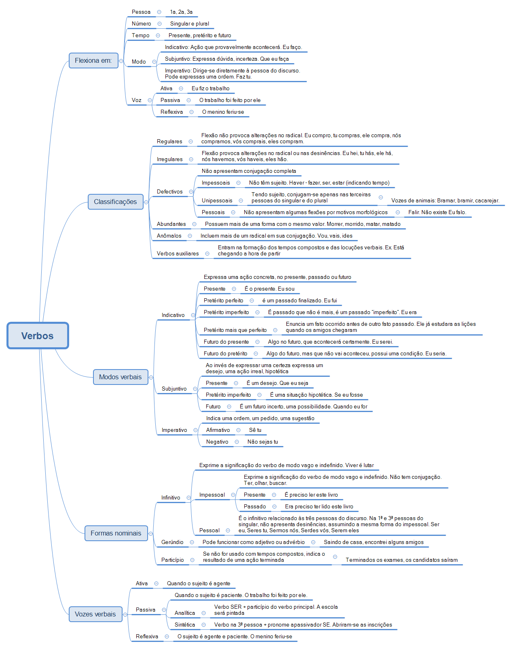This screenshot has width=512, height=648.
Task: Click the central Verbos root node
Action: point(38,336)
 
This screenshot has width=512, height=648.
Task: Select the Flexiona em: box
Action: point(93,60)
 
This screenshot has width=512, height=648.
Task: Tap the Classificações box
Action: point(115,202)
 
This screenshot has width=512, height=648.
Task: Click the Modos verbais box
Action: point(120,377)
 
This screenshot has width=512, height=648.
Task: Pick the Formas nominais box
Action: point(116,533)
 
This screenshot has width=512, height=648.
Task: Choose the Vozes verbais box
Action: point(95,614)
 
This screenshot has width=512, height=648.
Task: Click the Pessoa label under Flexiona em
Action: point(141,12)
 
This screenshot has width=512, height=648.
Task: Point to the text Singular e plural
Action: point(189,23)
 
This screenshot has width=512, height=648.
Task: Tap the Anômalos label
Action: point(169,236)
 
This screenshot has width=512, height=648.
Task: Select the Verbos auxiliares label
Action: point(178,253)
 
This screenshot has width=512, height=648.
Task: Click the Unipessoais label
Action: point(217,200)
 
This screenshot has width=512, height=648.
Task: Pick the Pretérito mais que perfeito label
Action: point(235,330)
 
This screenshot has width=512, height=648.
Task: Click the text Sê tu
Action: point(255,430)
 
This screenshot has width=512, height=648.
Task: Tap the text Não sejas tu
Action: point(262,442)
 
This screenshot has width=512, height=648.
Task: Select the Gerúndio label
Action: point(172,542)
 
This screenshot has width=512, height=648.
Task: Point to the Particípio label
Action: point(172,560)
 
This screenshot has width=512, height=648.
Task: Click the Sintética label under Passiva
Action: point(184,625)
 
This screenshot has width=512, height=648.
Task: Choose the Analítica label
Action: point(184,613)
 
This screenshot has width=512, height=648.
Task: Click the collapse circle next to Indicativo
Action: point(193,315)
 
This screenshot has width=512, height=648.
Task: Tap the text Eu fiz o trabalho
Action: point(210,88)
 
